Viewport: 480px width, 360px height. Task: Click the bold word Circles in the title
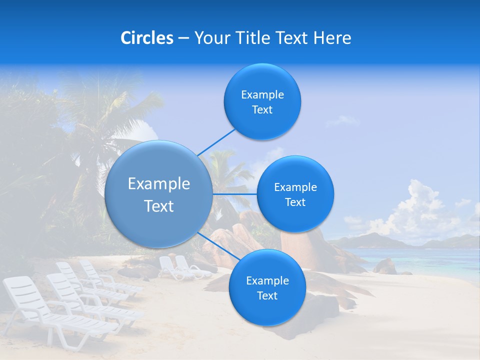tap(146, 38)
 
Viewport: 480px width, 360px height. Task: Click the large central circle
tap(158, 194)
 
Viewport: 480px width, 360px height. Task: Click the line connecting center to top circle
tap(216, 142)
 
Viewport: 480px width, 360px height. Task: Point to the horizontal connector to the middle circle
tap(234, 193)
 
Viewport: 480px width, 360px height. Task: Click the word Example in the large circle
tap(159, 184)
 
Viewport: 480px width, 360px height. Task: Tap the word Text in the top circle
tap(262, 110)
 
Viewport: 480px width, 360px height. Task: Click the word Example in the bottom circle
tap(267, 280)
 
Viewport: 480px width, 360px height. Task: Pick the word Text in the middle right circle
tap(295, 202)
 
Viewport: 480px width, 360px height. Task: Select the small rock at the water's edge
tap(385, 266)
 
